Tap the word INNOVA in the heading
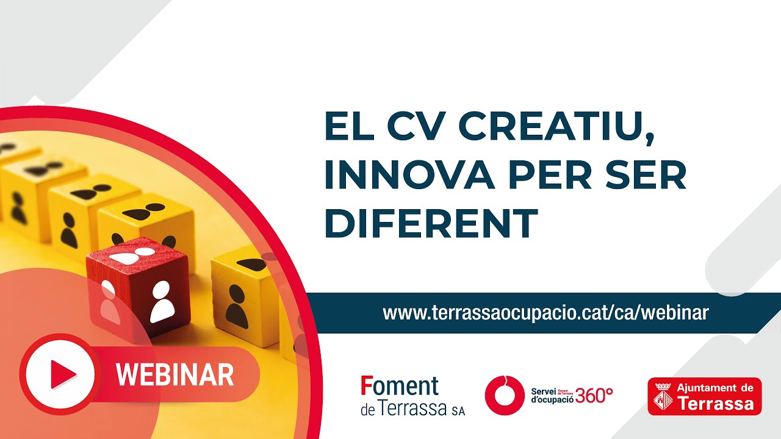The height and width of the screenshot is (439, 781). click(410, 174)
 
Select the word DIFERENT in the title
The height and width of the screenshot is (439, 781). click(431, 223)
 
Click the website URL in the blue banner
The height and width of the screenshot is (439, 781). click(545, 313)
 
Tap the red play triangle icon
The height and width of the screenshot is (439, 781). click(63, 374)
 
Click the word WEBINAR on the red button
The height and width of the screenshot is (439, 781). click(175, 374)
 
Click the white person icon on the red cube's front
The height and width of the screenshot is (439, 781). click(162, 301)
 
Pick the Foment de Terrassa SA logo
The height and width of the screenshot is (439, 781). click(412, 396)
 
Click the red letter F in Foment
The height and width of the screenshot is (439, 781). click(366, 386)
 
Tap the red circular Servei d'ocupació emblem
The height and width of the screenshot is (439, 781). click(505, 396)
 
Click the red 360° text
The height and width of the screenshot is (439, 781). click(594, 396)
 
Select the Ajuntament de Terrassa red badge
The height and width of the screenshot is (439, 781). click(705, 396)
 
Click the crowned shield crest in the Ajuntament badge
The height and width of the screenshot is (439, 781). click(663, 396)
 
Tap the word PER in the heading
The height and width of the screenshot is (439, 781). click(550, 174)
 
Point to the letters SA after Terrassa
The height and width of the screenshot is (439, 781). click(458, 411)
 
